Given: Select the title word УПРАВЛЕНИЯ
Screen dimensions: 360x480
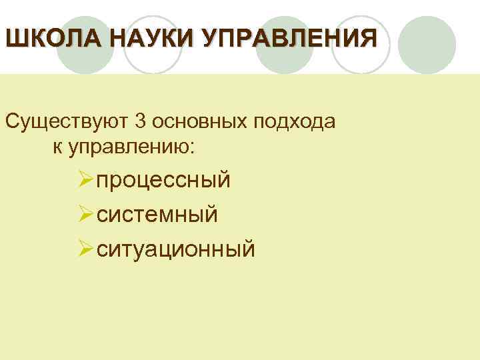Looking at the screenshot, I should tap(280, 37).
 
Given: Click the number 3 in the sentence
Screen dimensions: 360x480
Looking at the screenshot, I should tap(140, 122).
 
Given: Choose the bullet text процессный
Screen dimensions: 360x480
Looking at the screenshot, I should tap(164, 180).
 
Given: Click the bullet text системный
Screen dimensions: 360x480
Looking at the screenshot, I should tap(157, 214).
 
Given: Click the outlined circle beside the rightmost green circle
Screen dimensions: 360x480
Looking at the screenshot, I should tap(361, 44).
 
